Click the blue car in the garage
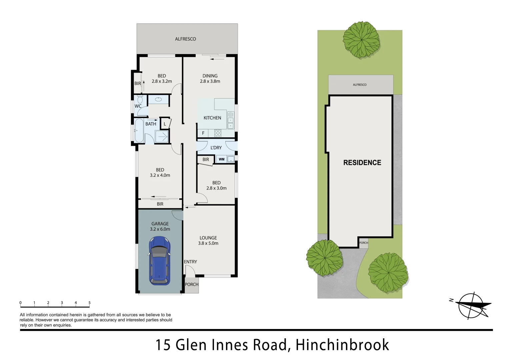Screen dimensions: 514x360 tap(160, 261)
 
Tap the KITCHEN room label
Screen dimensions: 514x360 tap(212, 118)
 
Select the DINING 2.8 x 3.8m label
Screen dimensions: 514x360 tap(210, 78)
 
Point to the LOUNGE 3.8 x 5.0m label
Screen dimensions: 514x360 tap(208, 240)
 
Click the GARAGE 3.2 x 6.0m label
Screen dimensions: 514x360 tap(160, 226)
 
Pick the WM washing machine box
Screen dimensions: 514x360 tap(222, 159)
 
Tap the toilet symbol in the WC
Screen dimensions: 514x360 tap(139, 100)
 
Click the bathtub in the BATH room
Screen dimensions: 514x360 tap(139, 131)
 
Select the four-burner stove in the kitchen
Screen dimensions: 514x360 tap(218, 133)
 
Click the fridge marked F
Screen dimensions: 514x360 tap(203, 133)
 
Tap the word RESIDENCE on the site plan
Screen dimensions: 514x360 tap(362, 163)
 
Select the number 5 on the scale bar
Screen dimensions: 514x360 tap(89, 303)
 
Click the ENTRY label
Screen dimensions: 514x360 tap(190, 262)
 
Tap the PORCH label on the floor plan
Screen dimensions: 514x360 tap(192, 285)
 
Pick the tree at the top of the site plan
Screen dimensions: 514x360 tap(361, 40)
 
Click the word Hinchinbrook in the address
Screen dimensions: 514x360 tap(342, 345)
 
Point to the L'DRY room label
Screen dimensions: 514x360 tap(216, 148)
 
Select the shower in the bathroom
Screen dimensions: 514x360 tap(162, 137)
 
